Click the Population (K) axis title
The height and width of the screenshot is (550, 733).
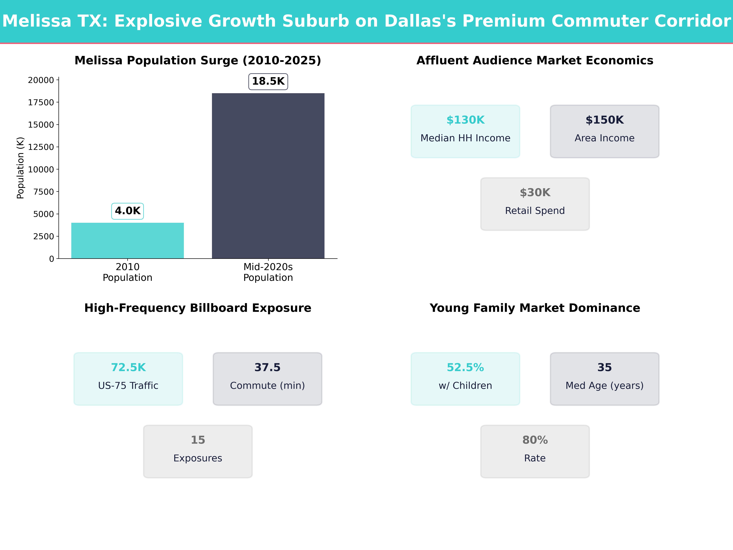(21, 168)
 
